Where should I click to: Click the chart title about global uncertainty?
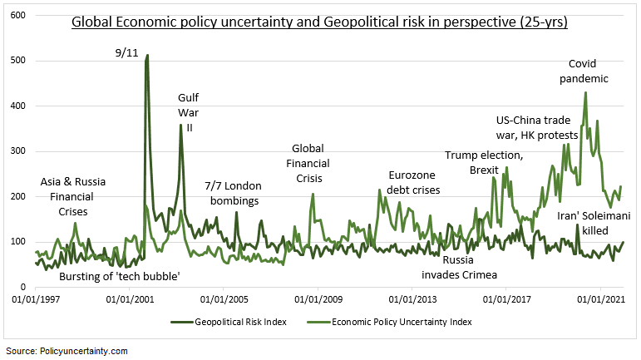coord(319,22)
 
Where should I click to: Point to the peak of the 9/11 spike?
coord(147,56)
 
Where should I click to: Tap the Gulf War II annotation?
coord(189,112)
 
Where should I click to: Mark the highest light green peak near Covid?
coord(585,93)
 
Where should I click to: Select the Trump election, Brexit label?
coord(484,162)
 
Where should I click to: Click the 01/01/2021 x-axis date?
coord(600,298)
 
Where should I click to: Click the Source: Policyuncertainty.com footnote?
coord(67,351)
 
